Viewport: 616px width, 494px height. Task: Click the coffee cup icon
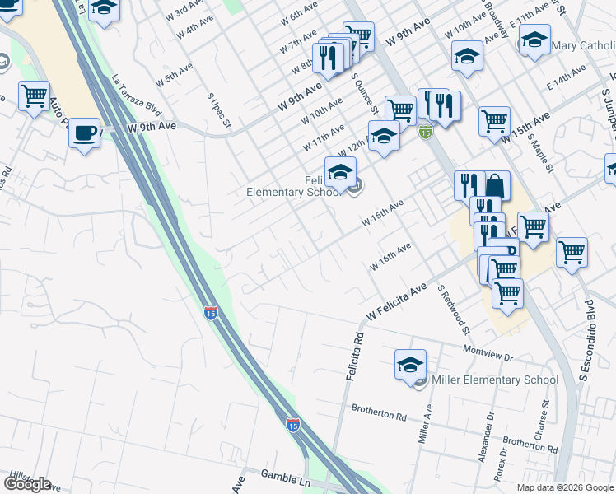point(84,133)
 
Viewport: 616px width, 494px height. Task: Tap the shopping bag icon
point(497,185)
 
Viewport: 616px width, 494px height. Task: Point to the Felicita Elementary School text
point(294,186)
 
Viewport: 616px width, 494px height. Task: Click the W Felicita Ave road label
point(396,302)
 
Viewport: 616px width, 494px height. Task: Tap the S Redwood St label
point(454,310)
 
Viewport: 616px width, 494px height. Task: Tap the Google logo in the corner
point(27,484)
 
